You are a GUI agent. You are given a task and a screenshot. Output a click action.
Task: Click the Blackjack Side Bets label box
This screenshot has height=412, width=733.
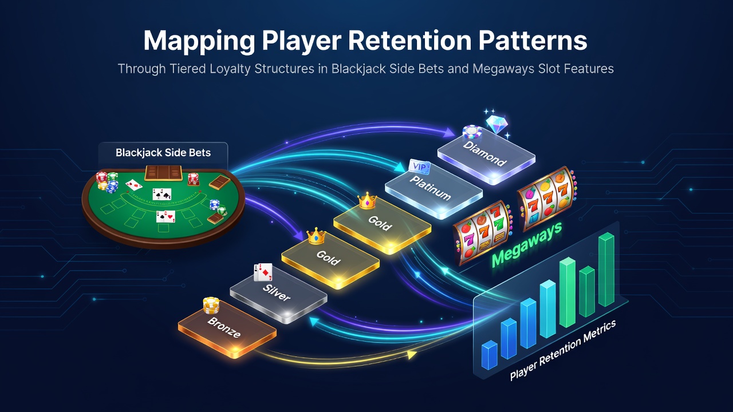pos(163,153)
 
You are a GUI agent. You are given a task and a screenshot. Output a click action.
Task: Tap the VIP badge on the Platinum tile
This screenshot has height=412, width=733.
pos(419,167)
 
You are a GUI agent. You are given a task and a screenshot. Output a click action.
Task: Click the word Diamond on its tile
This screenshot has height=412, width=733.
pos(485,154)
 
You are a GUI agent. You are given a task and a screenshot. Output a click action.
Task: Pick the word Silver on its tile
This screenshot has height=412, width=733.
pos(277,292)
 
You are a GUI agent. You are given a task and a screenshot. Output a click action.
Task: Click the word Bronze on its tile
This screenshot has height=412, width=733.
pos(224,327)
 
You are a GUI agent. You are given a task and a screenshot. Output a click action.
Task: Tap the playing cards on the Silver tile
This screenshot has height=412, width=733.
pos(263,272)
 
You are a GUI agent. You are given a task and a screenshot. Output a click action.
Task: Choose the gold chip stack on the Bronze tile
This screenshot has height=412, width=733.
pos(211,305)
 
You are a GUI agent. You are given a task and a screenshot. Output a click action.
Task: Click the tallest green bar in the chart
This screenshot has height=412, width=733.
pos(606,270)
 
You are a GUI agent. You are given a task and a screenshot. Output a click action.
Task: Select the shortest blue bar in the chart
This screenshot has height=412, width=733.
pos(489,355)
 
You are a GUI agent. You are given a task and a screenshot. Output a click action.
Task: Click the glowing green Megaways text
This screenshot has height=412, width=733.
pos(527,244)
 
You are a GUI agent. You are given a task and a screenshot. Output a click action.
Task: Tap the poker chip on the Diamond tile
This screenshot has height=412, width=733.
pos(472,132)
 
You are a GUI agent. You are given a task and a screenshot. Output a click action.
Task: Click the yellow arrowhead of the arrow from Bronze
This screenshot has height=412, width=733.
pos(412,354)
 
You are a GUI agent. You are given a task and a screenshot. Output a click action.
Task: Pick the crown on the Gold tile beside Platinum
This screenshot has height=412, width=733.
pos(367,200)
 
